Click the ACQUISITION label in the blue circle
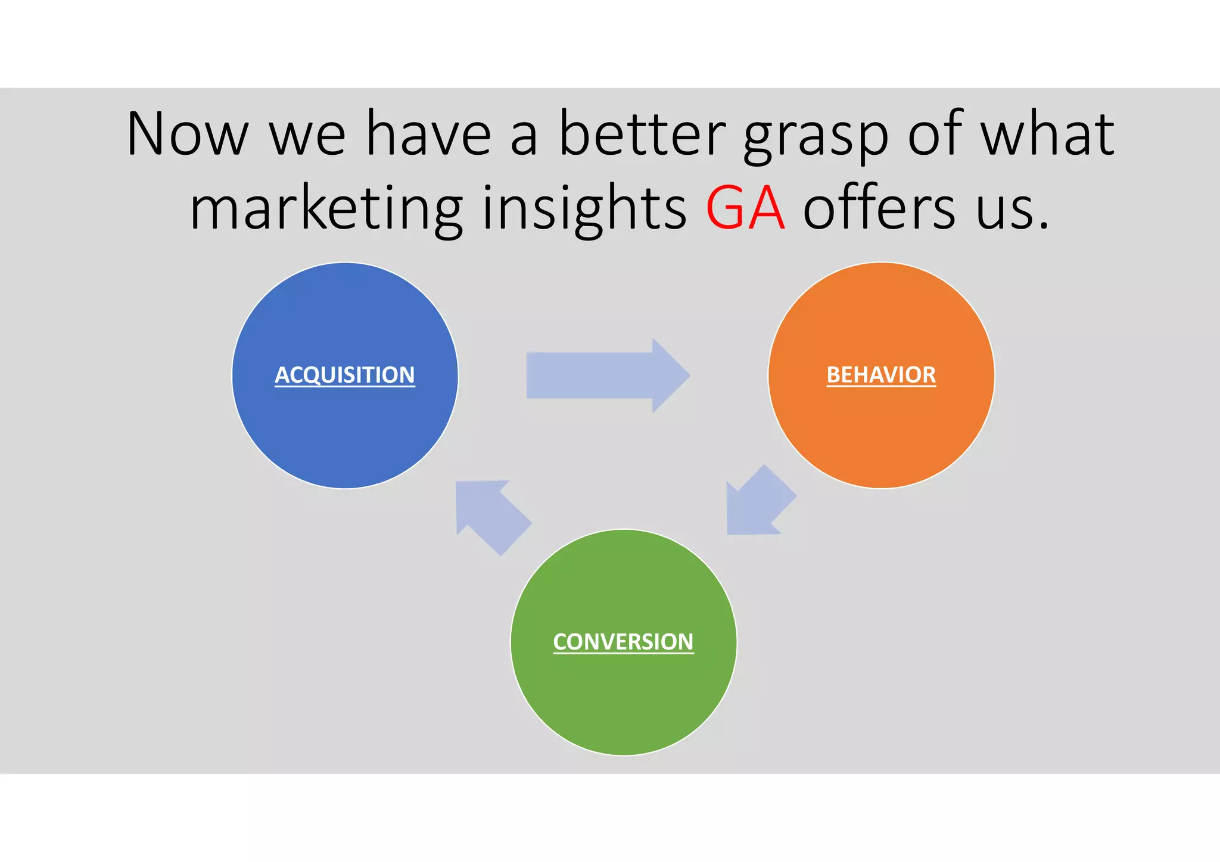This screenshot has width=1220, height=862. coord(344,375)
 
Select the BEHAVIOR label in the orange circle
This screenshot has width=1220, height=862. coord(881,375)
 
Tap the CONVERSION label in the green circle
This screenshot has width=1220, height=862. coord(623,642)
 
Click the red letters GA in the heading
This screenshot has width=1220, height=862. coord(745,208)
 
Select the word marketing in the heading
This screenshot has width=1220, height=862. coord(326,209)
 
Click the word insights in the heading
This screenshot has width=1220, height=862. coord(584,209)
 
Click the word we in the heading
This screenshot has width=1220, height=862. coord(307,138)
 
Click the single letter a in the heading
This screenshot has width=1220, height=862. coord(524,138)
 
